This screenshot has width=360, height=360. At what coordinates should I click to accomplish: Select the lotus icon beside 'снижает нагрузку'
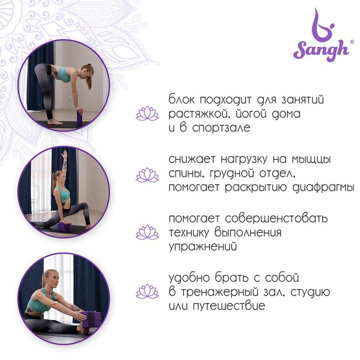pos(147,175)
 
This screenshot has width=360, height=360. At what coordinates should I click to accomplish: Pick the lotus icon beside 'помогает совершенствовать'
pos(147,232)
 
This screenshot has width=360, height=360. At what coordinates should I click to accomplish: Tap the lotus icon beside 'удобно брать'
pos(147,292)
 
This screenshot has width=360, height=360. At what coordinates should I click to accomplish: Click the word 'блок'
pos(182,100)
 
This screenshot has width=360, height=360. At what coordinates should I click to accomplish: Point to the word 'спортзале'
pos(221,128)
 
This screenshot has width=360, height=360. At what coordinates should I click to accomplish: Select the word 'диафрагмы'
pos(323,188)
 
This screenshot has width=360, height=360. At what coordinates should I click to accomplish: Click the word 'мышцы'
pos(311,159)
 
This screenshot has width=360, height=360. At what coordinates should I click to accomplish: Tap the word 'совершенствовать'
pos(276,219)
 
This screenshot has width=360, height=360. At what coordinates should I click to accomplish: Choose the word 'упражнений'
pos(203,247)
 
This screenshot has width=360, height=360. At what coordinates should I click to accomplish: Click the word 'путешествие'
pos(229,306)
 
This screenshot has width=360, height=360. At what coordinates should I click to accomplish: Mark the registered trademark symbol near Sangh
pos(351,42)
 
